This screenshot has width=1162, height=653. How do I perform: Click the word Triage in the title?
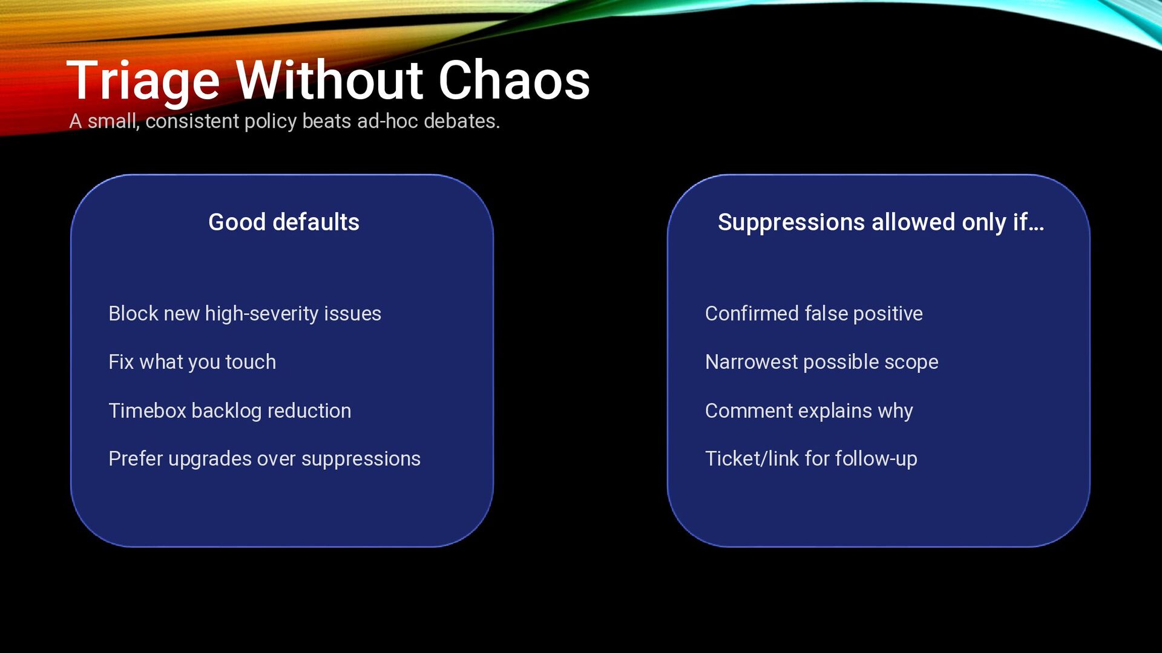click(x=143, y=81)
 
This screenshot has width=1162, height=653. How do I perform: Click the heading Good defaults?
click(x=283, y=223)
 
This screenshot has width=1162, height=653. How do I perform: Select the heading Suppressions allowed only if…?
click(x=881, y=223)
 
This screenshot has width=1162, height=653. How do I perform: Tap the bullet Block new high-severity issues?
click(x=245, y=314)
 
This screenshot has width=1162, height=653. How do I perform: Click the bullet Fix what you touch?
click(x=192, y=362)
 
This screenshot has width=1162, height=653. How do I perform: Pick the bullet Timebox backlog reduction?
click(x=229, y=411)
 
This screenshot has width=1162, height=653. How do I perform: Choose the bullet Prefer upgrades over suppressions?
click(x=264, y=459)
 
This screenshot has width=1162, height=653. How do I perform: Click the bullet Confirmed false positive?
click(x=813, y=314)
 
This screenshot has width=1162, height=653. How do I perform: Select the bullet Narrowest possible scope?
click(x=821, y=362)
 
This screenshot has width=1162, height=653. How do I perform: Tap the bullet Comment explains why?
click(x=809, y=411)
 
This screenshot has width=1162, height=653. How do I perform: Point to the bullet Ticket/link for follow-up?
click(x=811, y=459)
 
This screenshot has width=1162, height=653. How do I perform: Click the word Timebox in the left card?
click(x=147, y=411)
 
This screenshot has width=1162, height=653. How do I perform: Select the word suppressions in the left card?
click(x=361, y=459)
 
